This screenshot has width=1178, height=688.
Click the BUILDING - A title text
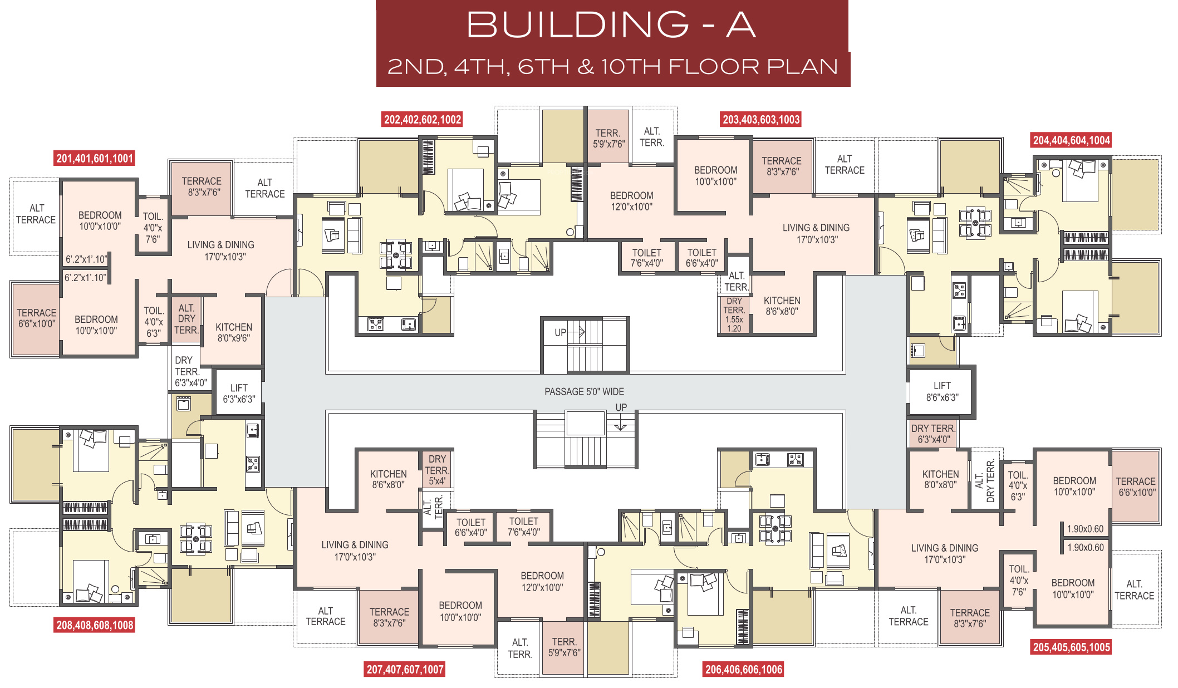tap(611, 24)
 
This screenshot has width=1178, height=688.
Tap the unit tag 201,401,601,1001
tap(95, 158)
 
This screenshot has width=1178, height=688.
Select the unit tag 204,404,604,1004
tap(1072, 140)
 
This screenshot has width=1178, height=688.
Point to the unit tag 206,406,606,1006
tap(744, 669)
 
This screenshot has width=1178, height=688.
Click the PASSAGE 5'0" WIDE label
tap(584, 392)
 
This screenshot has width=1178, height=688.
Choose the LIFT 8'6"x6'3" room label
tap(942, 391)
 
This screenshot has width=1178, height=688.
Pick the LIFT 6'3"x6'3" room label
tap(239, 394)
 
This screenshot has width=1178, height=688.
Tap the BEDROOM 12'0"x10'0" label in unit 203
tap(631, 201)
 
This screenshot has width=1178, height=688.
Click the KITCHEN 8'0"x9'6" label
tap(234, 332)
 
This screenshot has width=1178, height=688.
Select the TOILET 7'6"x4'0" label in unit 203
tap(647, 258)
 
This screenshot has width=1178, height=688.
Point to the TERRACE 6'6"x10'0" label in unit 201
tap(37, 318)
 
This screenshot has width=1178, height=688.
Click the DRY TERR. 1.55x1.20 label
tap(734, 314)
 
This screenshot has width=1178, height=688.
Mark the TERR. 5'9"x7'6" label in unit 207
tap(564, 647)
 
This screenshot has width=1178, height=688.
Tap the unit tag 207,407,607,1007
tap(405, 669)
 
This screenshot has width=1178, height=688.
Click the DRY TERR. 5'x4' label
tap(437, 470)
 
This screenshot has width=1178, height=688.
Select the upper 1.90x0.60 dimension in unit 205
tap(1085, 529)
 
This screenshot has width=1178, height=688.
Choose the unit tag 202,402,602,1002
tap(423, 119)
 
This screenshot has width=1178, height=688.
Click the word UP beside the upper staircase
tap(560, 333)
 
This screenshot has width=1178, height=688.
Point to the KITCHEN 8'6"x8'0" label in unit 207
tap(389, 479)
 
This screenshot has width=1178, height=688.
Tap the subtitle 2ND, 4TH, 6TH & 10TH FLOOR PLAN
tap(612, 67)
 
